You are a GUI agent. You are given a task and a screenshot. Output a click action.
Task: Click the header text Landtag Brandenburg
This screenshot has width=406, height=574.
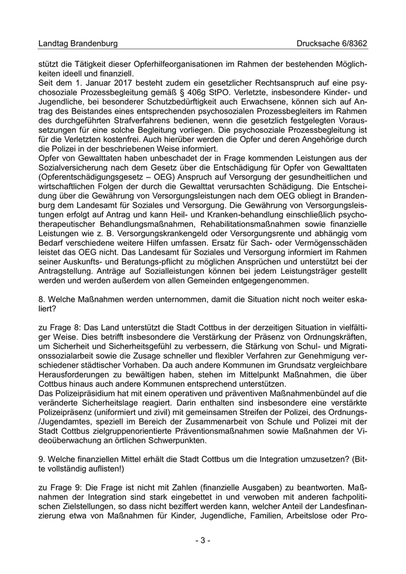point(78,43)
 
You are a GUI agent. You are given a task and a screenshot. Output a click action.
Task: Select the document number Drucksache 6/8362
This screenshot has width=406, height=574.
point(332,43)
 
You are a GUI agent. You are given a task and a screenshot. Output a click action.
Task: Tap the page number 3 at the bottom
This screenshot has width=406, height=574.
point(202,540)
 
